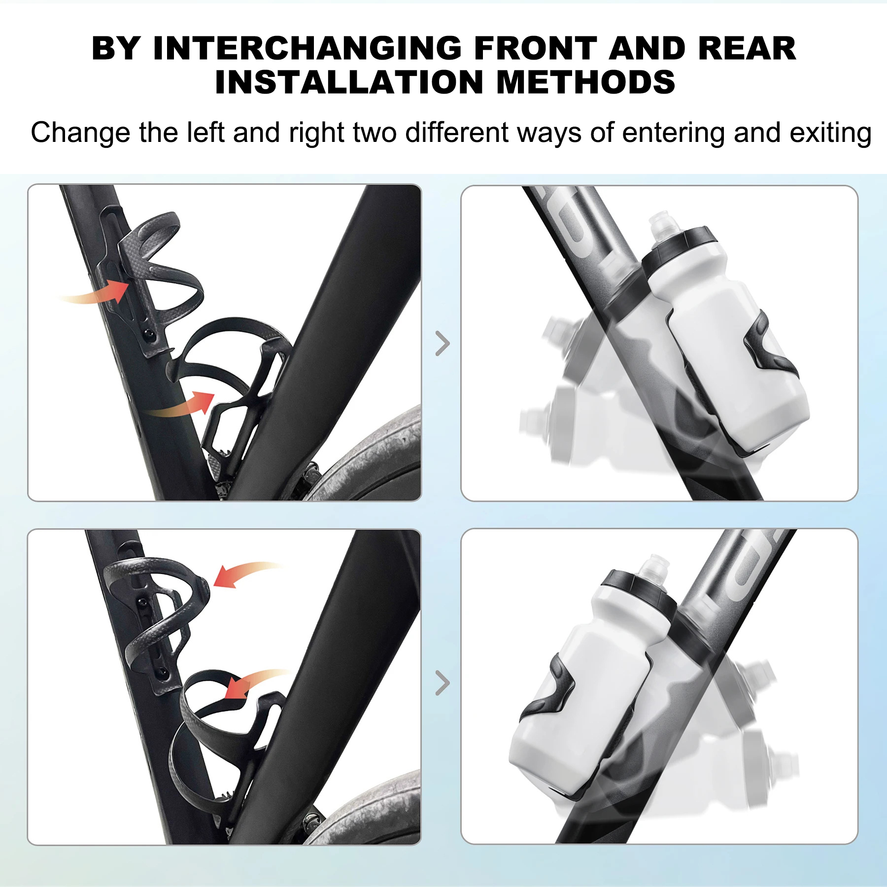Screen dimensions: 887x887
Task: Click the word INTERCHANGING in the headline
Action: click(x=307, y=49)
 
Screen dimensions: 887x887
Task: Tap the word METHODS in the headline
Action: click(x=585, y=82)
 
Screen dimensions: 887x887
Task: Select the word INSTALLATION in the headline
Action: click(x=349, y=82)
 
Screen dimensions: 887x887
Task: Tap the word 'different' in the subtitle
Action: click(x=457, y=133)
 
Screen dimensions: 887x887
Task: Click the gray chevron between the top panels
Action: click(x=443, y=343)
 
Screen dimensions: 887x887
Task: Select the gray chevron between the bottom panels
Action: click(x=443, y=683)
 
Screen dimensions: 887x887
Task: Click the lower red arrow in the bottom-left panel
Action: click(x=254, y=683)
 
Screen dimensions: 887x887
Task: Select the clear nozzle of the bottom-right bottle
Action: click(x=654, y=566)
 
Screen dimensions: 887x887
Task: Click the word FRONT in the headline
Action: click(x=536, y=49)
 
